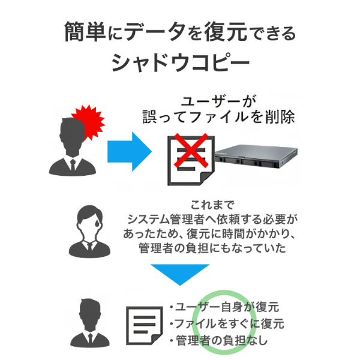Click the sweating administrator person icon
pyautogui.click(x=88, y=231)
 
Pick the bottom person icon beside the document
pyautogui.click(x=88, y=323)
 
